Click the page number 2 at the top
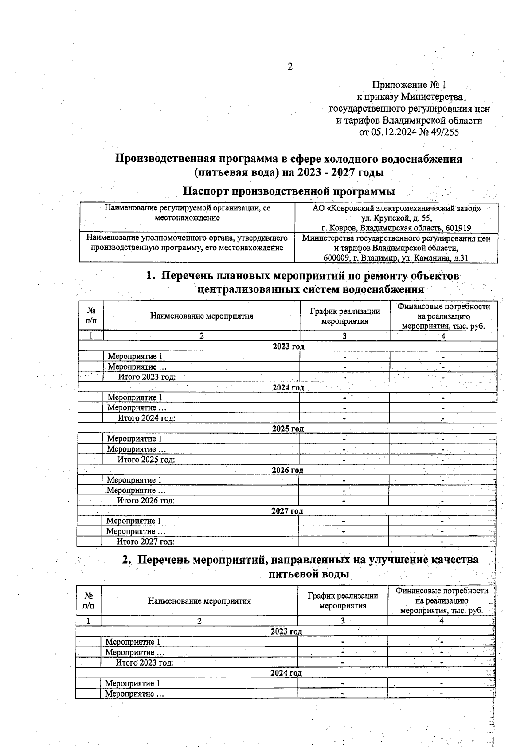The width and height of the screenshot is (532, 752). tap(290, 67)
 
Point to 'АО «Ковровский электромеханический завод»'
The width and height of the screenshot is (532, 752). tap(396, 208)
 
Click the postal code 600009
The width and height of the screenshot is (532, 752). tap(339, 258)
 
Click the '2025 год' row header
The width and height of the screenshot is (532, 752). tap(288, 429)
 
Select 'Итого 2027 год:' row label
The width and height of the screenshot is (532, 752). tap(145, 542)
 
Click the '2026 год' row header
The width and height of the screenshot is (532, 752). tap(287, 470)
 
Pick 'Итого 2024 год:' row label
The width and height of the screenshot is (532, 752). tap(146, 418)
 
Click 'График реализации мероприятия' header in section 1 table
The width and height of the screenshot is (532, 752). tap(344, 316)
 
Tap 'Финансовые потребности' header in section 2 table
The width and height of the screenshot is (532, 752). tap(442, 591)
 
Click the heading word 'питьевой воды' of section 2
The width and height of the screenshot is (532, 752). tap(309, 574)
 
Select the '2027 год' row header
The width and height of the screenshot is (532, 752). tap(287, 511)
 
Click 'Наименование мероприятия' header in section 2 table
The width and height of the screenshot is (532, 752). tap(199, 601)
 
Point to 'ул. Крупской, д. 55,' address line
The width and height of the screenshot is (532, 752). tap(396, 218)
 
